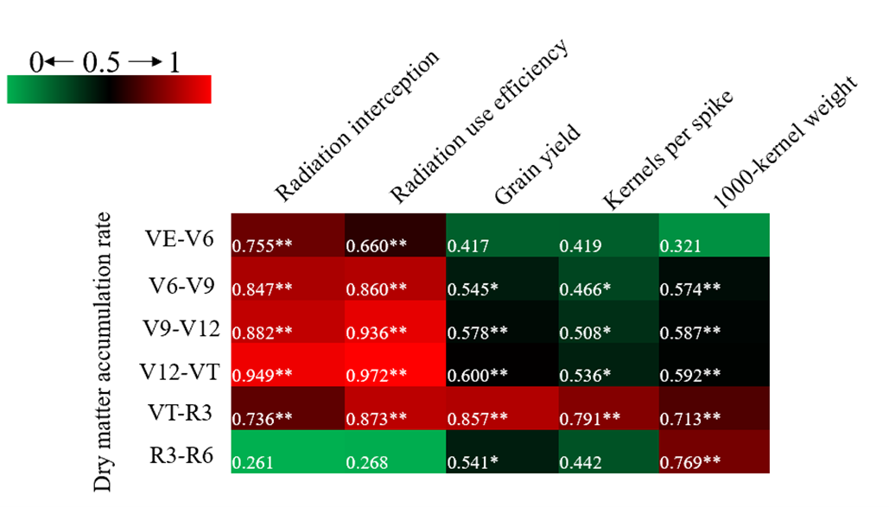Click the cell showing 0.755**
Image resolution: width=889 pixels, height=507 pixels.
pos(287,234)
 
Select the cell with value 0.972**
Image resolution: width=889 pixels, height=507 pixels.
pos(395,364)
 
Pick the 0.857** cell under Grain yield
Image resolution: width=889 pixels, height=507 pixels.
pos(500,408)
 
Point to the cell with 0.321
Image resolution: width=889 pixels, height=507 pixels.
pos(714,234)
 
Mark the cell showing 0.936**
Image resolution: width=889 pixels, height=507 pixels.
pos(395,321)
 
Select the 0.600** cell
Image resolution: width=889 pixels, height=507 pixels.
pos(500,364)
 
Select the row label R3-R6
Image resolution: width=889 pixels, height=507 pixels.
pos(181,457)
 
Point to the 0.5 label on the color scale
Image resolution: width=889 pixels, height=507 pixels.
pos(101,62)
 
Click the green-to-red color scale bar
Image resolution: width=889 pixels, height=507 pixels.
pos(109,89)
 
